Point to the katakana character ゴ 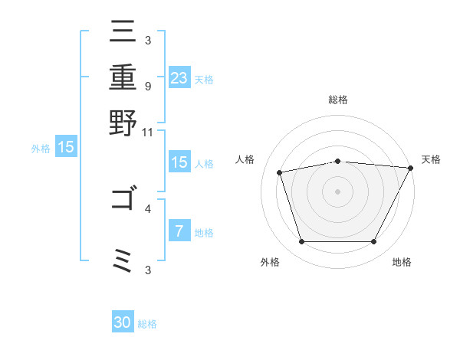tap(123, 200)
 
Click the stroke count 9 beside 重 tap(147, 85)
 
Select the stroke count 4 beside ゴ tap(147, 208)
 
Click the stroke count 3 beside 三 tap(147, 39)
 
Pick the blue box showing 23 tap(179, 78)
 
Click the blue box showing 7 tap(179, 231)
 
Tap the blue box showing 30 tap(123, 322)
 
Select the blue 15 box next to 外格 tap(66, 148)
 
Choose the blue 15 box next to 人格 tap(179, 162)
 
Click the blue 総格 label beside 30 tap(147, 324)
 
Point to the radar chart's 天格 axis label tap(431, 159)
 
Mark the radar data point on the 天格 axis tap(410, 168)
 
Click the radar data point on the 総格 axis tap(337, 161)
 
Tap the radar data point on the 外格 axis tap(301, 242)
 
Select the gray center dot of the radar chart tap(337, 191)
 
